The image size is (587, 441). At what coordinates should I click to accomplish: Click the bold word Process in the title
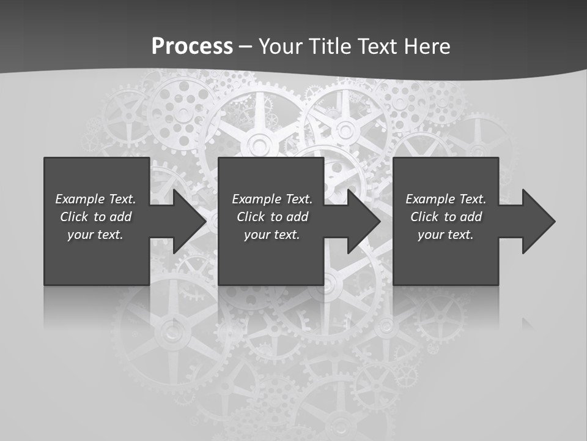[192, 46]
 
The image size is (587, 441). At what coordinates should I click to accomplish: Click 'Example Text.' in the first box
[95, 199]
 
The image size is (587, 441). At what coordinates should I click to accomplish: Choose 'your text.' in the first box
[95, 235]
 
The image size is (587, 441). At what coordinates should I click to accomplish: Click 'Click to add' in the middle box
[272, 217]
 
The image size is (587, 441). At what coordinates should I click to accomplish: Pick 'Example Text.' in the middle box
[272, 199]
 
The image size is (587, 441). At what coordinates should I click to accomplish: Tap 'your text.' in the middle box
[272, 235]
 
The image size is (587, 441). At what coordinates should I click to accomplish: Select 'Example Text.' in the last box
[446, 199]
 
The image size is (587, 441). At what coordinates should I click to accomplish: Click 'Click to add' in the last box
[446, 217]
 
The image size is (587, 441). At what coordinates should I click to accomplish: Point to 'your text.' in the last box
[446, 235]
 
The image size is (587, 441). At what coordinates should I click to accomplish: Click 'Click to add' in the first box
[95, 217]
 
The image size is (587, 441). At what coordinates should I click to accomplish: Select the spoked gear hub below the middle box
[330, 283]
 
